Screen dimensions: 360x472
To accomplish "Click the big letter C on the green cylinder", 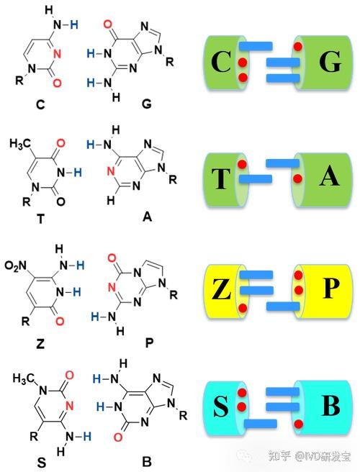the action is pyautogui.click(x=221, y=62).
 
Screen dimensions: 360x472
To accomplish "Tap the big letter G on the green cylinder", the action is pyautogui.click(x=330, y=61).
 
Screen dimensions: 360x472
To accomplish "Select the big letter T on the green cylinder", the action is pyautogui.click(x=221, y=178).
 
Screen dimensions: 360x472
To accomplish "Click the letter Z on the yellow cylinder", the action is pyautogui.click(x=222, y=289).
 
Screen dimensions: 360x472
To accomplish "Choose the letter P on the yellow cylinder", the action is pyautogui.click(x=330, y=288).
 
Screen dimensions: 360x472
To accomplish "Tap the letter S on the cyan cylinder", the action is pyautogui.click(x=221, y=407).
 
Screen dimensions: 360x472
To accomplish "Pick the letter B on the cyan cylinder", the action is pyautogui.click(x=330, y=405).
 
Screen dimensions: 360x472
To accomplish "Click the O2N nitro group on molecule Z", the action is pyautogui.click(x=15, y=265).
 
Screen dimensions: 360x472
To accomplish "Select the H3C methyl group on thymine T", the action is pyautogui.click(x=20, y=144).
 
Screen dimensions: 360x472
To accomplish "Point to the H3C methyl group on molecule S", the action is pyautogui.click(x=23, y=378).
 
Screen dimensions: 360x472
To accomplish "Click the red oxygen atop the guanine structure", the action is pyautogui.click(x=108, y=24).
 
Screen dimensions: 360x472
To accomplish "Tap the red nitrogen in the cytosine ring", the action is pyautogui.click(x=57, y=54).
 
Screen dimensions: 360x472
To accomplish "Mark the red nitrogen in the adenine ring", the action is pyautogui.click(x=111, y=171).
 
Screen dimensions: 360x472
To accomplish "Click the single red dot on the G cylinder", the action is pyautogui.click(x=298, y=46).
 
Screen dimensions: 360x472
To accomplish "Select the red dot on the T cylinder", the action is pyautogui.click(x=242, y=164).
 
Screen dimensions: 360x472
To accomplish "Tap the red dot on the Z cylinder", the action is pyautogui.click(x=243, y=308).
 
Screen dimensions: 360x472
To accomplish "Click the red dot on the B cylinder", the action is pyautogui.click(x=298, y=424).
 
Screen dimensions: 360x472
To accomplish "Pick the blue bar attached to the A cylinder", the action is pyautogui.click(x=282, y=163).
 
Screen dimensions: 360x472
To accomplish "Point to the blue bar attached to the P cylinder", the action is pyautogui.click(x=283, y=307).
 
